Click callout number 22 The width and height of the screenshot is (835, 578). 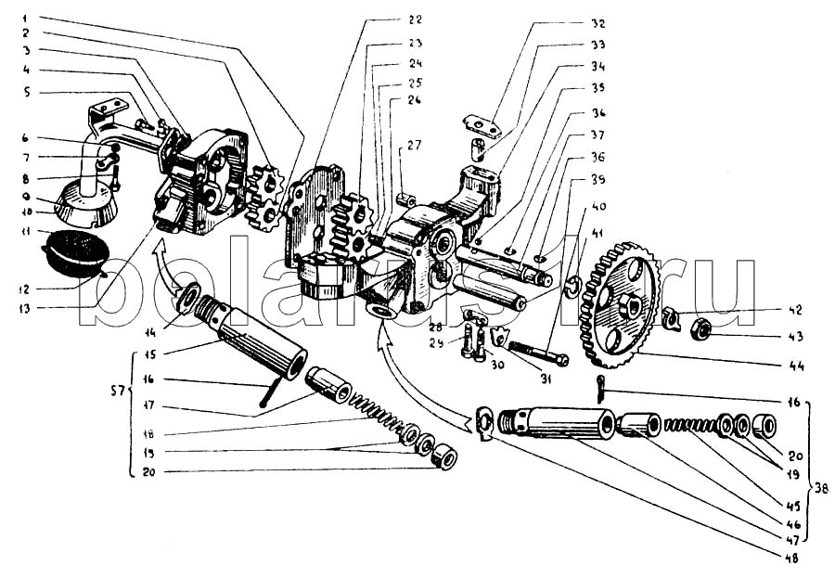388,19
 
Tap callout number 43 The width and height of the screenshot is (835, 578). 795,336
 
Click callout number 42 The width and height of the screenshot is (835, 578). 795,310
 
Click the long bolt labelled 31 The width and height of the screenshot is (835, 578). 534,354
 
